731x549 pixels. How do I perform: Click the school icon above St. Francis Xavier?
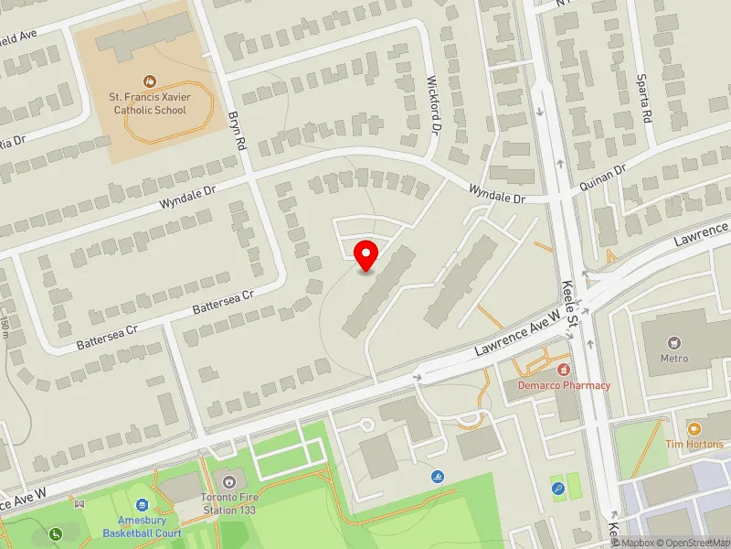point(150,81)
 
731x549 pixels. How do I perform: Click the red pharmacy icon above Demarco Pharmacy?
point(564,369)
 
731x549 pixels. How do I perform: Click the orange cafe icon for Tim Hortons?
point(694,428)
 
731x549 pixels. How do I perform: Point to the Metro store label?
point(674,358)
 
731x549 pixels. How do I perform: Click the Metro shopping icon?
point(674,342)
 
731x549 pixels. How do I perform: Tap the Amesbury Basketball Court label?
point(142,527)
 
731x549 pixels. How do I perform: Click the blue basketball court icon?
point(142,505)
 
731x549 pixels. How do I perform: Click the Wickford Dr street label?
point(435,106)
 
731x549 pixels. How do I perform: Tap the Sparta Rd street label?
point(650,107)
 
